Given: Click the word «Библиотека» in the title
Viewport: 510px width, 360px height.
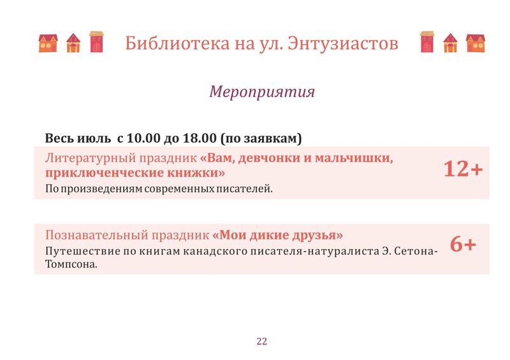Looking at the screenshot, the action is (177, 43).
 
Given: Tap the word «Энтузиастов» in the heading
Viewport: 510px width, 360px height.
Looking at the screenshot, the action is (343, 43).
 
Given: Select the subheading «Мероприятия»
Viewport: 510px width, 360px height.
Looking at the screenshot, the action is (262, 91).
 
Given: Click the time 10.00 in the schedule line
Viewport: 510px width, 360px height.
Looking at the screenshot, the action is (143, 138).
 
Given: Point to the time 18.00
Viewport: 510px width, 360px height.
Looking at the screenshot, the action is (200, 138).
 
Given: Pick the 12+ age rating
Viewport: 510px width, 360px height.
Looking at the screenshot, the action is (463, 169).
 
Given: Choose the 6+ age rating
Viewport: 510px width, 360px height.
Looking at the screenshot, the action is (463, 244).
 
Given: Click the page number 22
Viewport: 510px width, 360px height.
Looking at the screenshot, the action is (262, 341).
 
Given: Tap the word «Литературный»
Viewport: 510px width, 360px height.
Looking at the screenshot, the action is (91, 159).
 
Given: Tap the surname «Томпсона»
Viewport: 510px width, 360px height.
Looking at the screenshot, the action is (71, 264).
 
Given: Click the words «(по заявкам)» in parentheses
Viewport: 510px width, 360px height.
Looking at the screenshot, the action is (261, 138).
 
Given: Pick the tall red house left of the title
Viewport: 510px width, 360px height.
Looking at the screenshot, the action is (97, 41).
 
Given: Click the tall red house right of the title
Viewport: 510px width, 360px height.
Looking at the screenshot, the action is (427, 41).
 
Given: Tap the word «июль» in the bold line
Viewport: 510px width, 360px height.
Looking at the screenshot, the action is (94, 138).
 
